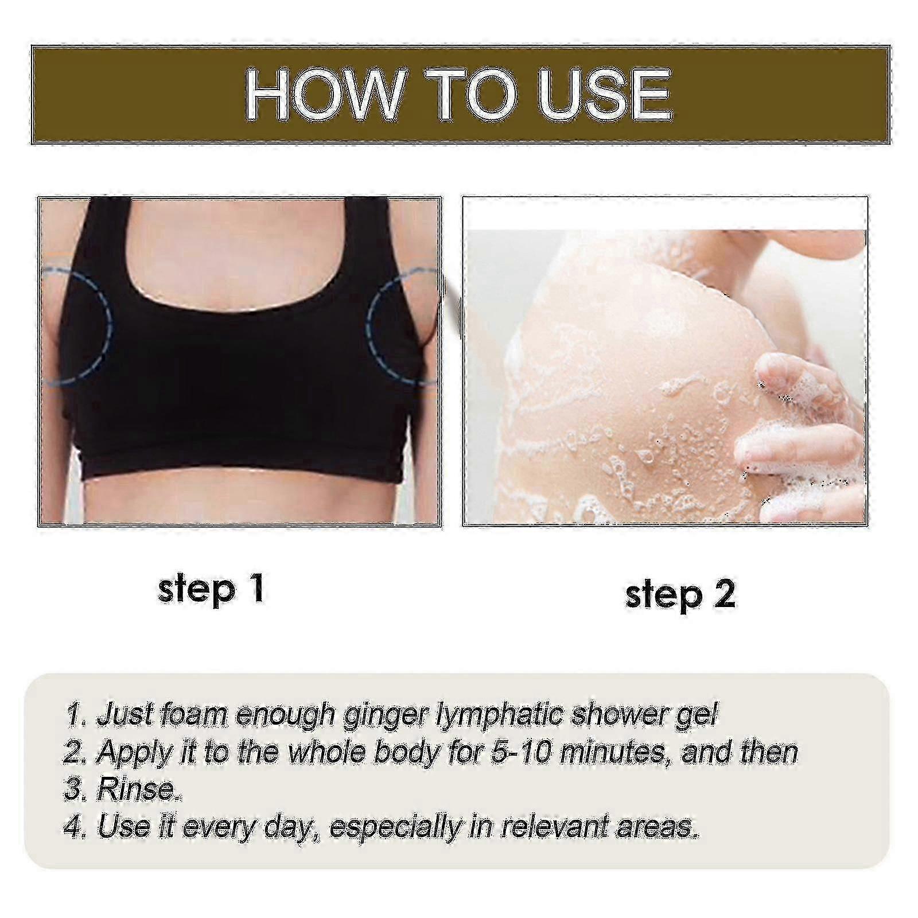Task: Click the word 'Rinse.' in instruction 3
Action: click(x=141, y=789)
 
